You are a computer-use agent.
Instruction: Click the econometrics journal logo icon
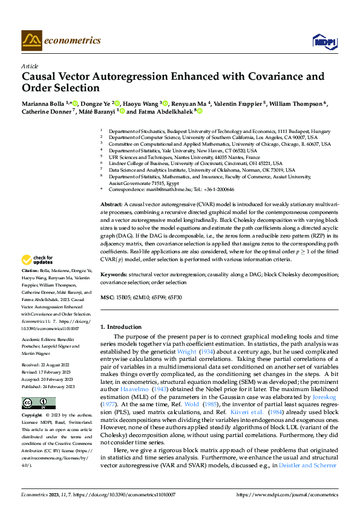point(31,41)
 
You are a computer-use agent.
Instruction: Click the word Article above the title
point(30,66)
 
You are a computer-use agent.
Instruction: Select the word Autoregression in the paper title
point(133,77)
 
